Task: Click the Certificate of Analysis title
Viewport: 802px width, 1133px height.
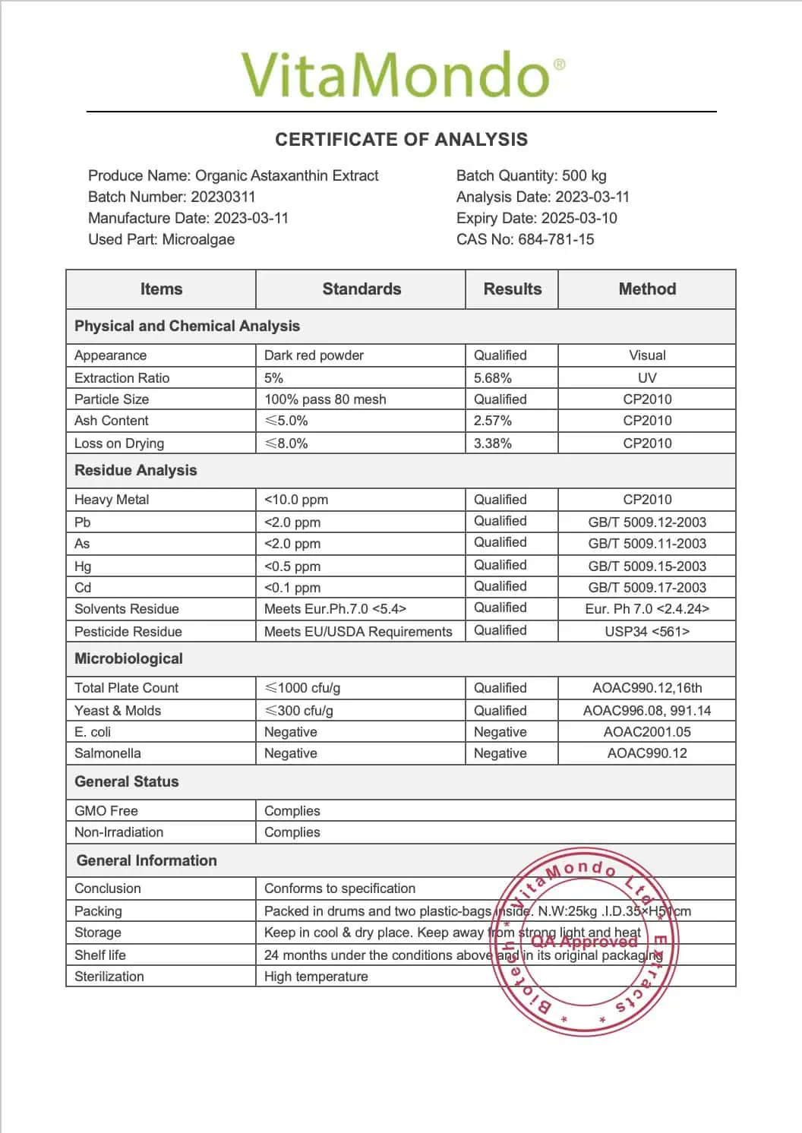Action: coord(401,140)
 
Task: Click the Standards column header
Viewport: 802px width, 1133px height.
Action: coord(362,289)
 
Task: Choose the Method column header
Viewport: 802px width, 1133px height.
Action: coord(647,289)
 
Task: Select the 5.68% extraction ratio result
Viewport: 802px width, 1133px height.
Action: coord(493,378)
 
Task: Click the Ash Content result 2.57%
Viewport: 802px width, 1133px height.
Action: coord(493,421)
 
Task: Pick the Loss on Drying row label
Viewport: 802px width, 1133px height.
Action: coord(119,443)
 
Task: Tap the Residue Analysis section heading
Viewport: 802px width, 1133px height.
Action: coord(136,471)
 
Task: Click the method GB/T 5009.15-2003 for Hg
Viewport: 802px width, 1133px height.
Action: coord(647,566)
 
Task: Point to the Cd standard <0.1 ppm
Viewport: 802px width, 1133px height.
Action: coord(292,588)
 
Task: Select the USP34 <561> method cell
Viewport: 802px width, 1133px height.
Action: coord(647,632)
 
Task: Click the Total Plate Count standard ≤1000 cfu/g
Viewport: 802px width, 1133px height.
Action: coord(302,688)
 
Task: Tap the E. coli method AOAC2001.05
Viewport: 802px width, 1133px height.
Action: coord(647,732)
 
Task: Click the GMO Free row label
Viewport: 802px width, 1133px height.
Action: coord(106,811)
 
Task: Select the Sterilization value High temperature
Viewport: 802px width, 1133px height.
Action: coord(316,977)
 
